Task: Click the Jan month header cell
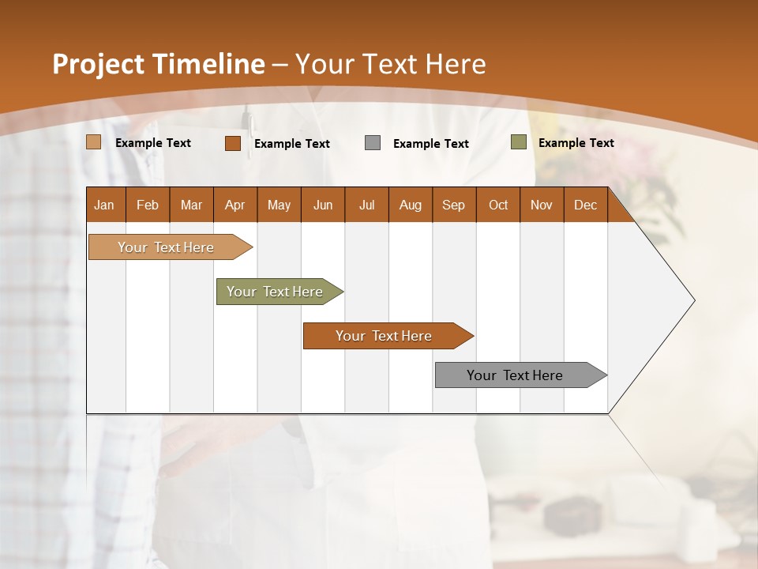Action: [x=105, y=205]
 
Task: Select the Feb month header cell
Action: [x=148, y=205]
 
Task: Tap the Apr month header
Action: [x=235, y=205]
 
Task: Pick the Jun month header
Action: [x=323, y=205]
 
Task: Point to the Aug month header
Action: [x=411, y=205]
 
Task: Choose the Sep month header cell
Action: [x=454, y=205]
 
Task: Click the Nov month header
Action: [x=542, y=205]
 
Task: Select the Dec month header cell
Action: [x=586, y=205]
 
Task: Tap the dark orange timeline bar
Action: [x=385, y=336]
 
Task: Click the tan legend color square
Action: [x=94, y=142]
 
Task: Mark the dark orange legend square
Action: [x=233, y=143]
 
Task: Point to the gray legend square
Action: [x=373, y=143]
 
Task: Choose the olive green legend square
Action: [x=519, y=142]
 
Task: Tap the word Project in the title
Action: [x=98, y=64]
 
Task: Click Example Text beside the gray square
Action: [x=431, y=144]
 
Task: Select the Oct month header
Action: [x=498, y=205]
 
